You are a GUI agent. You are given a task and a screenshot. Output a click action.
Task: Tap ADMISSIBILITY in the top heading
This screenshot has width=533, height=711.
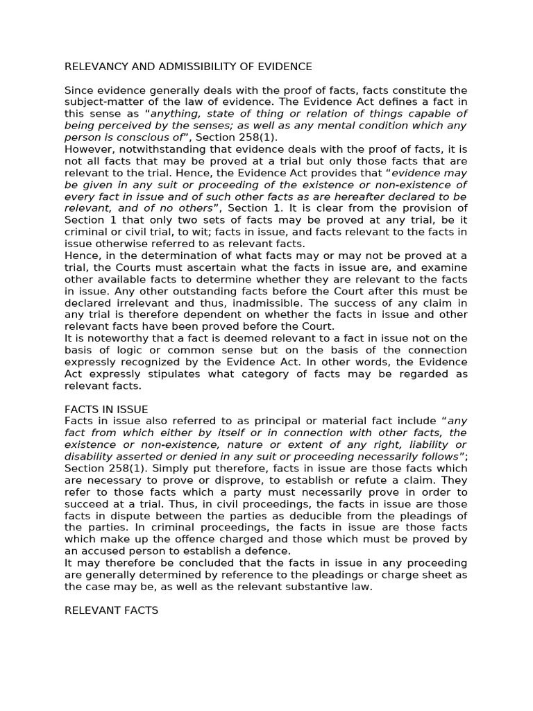(x=195, y=67)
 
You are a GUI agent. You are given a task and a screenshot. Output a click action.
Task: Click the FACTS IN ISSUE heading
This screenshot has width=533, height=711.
(x=106, y=409)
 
